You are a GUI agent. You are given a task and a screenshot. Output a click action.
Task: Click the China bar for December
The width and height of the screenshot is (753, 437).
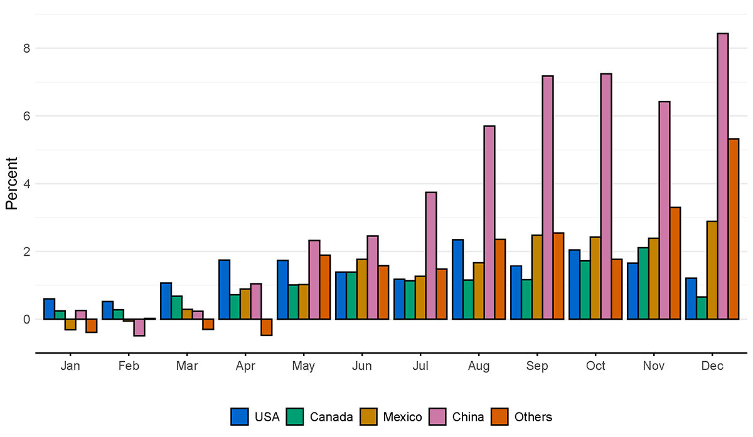(x=723, y=176)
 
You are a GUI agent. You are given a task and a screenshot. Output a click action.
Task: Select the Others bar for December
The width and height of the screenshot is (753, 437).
(x=734, y=229)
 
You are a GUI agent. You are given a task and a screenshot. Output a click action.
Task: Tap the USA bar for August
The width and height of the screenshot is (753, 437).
(x=457, y=280)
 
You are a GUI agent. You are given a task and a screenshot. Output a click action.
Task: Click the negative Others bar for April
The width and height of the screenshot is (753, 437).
(x=267, y=327)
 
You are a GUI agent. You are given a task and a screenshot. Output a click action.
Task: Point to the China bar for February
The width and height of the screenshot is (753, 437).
(x=139, y=327)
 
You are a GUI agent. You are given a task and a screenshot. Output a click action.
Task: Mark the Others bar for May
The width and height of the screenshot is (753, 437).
(x=324, y=287)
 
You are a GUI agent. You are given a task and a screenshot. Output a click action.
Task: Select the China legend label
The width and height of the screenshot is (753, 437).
(x=468, y=417)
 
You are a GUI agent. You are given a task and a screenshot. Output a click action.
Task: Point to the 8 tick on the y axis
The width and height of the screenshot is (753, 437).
(x=26, y=48)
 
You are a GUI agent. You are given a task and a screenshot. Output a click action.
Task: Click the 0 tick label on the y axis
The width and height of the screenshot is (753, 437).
(x=26, y=319)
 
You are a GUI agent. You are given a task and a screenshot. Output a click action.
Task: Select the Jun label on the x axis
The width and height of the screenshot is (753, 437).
(x=362, y=366)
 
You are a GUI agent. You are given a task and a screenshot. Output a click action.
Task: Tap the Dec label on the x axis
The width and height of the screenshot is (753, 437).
(x=712, y=366)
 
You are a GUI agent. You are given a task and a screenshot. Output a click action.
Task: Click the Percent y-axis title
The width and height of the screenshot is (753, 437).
(x=11, y=184)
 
